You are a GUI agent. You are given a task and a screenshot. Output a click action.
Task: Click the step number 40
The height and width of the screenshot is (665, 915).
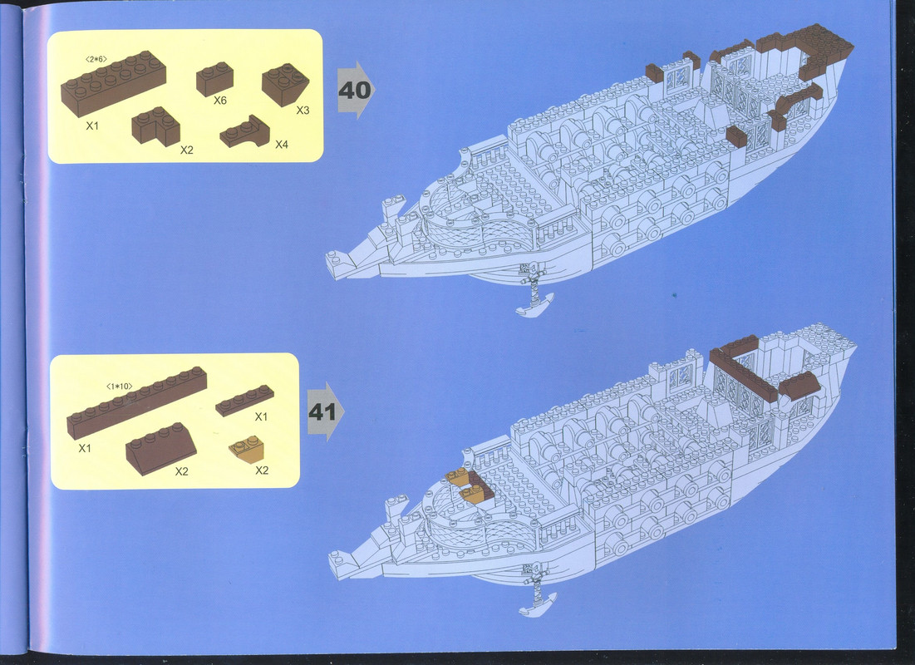(x=355, y=91)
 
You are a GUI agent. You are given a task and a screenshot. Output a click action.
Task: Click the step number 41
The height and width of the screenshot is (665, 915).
(x=322, y=412)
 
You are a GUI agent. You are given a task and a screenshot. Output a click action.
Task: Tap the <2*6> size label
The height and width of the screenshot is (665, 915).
(x=96, y=59)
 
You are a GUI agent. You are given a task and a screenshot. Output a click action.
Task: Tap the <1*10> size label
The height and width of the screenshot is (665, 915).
(x=120, y=387)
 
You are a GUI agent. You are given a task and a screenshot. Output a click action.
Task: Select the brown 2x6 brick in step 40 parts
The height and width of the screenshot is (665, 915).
(x=113, y=83)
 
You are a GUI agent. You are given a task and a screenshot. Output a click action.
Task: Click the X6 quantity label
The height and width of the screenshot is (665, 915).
(x=220, y=101)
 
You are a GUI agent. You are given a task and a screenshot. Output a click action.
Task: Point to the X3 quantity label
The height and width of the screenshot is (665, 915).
(x=303, y=111)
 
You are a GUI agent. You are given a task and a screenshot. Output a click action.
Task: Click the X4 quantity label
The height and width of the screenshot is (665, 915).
(x=282, y=144)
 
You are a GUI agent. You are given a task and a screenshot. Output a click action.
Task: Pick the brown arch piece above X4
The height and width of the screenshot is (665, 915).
(x=245, y=131)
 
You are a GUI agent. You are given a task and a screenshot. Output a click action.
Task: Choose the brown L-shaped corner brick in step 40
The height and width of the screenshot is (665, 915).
(x=155, y=126)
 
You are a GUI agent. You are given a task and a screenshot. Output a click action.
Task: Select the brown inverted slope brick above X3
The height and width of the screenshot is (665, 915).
(x=285, y=84)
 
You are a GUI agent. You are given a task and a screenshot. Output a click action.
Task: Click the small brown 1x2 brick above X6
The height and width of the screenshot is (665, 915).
(x=214, y=79)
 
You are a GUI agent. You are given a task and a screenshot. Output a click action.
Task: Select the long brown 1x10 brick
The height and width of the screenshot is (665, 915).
(x=136, y=403)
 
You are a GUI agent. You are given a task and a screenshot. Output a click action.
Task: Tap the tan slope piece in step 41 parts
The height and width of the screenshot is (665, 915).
(x=247, y=450)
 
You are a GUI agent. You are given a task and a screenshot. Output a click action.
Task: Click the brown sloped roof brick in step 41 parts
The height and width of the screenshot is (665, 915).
(x=161, y=448)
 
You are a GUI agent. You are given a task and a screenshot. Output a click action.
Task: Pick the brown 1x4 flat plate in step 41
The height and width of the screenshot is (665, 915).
(x=245, y=400)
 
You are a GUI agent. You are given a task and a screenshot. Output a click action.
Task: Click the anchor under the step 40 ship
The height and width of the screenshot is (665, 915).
(x=534, y=291)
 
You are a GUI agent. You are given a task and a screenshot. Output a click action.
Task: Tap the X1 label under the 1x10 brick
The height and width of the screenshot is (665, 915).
(x=86, y=448)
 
